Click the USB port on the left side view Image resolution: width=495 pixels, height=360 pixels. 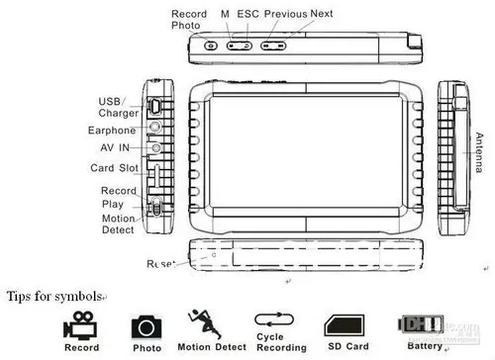point(155,107)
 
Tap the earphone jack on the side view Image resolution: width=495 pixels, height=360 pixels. point(154,127)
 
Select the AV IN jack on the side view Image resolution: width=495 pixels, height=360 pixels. point(156,147)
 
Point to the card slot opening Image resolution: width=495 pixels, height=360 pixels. point(157,176)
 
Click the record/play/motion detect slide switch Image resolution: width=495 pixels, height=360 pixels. point(156,207)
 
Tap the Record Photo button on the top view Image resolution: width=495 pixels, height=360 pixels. point(211,45)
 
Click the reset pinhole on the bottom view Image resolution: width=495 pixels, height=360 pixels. point(214,255)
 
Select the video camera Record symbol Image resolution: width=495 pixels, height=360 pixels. point(80,325)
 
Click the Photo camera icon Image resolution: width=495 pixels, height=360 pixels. point(147,327)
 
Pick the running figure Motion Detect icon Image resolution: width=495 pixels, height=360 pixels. point(204,324)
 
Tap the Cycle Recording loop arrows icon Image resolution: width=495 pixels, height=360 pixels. point(274,319)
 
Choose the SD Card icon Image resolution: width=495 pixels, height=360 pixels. point(345,325)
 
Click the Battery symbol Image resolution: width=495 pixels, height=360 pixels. point(421,324)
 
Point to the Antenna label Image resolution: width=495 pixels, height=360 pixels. point(479,152)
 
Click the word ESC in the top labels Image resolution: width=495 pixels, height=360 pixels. point(248,14)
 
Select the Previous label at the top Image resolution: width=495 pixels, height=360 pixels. point(286,14)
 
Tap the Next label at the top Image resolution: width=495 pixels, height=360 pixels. point(322,14)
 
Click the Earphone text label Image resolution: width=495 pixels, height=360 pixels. point(112,131)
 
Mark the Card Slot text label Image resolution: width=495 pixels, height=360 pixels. point(114,168)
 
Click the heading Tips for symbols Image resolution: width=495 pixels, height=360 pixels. point(54,297)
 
